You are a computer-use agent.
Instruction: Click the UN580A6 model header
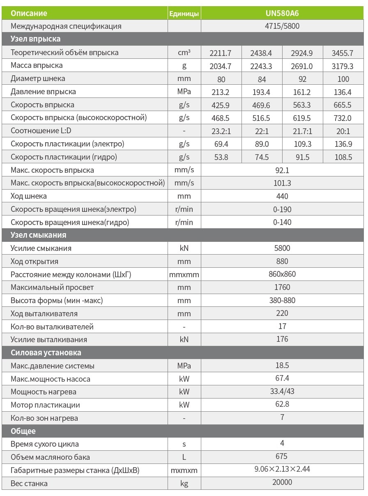tap(282, 13)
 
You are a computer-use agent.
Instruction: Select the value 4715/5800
tap(282, 26)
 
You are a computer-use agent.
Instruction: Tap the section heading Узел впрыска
tap(36, 39)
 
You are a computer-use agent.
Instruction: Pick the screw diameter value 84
tap(262, 79)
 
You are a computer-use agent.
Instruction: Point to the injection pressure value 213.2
tap(221, 92)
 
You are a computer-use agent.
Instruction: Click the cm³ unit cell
tap(184, 53)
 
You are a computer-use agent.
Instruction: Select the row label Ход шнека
tap(29, 196)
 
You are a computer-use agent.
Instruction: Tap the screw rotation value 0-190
tap(282, 209)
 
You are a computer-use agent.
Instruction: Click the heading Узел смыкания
tap(39, 235)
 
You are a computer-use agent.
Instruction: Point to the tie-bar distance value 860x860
tap(282, 274)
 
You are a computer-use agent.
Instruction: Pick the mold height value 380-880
tap(282, 300)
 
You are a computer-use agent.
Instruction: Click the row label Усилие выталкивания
tap(49, 340)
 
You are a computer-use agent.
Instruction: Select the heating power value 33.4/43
tap(282, 391)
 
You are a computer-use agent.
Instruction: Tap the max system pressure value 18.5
tap(282, 365)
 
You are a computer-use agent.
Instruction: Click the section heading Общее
tap(23, 431)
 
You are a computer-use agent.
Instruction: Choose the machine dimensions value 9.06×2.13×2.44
tap(282, 469)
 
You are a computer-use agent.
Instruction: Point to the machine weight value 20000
tap(282, 482)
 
